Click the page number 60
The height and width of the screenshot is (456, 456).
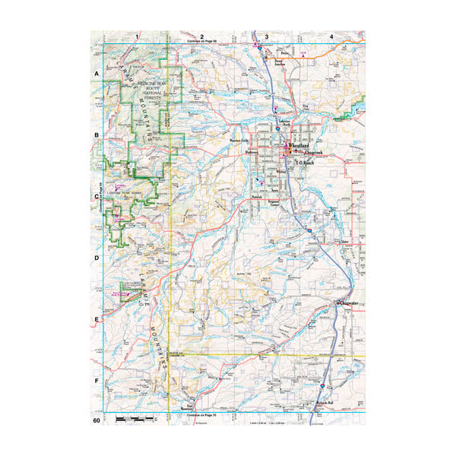pyautogui.click(x=97, y=420)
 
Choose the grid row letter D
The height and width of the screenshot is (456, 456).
pyautogui.click(x=97, y=258)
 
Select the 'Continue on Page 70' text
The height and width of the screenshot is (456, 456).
pyautogui.click(x=202, y=416)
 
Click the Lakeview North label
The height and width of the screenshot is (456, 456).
pyautogui.click(x=284, y=125)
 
